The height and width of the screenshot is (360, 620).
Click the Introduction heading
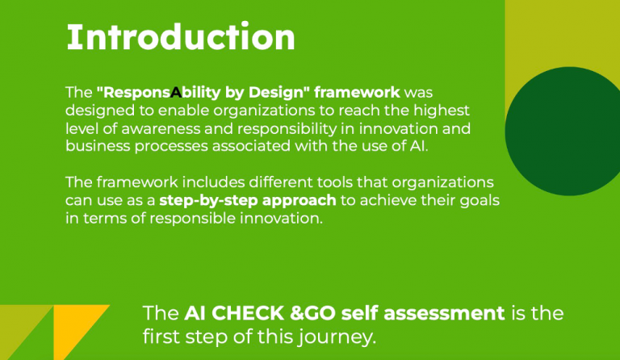(181, 37)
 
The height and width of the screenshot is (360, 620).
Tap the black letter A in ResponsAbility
(176, 93)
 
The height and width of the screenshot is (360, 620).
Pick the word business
(97, 146)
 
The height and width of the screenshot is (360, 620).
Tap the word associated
(252, 146)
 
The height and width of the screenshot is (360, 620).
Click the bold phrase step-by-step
(208, 201)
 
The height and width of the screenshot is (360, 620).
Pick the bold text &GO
(312, 313)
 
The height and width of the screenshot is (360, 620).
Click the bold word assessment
(444, 313)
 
